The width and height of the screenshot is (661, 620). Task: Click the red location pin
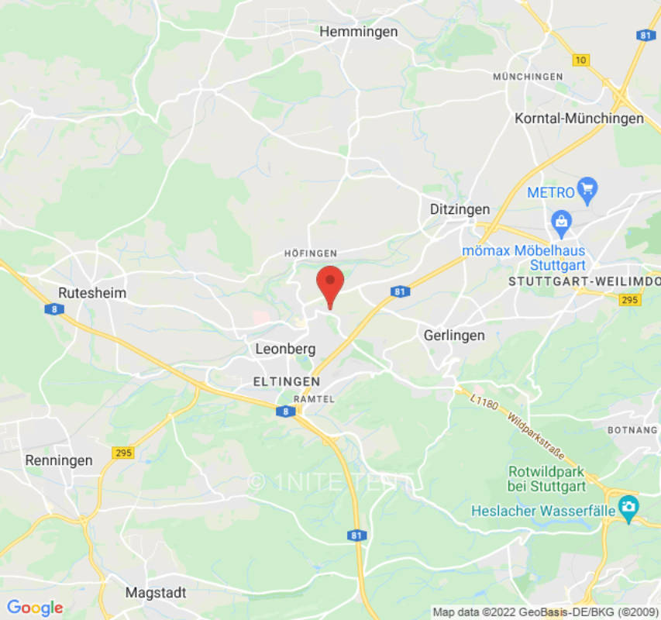(331, 283)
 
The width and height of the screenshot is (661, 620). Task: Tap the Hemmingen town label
(359, 32)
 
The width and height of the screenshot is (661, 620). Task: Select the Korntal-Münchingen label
(580, 119)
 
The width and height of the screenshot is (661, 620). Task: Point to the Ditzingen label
(460, 209)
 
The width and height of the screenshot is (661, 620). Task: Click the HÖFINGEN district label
(311, 253)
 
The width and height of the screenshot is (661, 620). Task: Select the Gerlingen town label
(454, 336)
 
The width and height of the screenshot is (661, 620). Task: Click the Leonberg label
(285, 350)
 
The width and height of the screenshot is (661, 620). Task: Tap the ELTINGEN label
(287, 381)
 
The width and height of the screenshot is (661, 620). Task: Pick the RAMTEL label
(315, 398)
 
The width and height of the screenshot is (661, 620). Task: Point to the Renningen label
(59, 460)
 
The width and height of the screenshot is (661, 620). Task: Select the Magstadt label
(156, 593)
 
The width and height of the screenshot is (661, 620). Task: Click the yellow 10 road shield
(581, 60)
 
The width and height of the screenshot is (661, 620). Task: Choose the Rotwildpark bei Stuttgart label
(546, 479)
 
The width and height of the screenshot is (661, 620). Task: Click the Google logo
(34, 608)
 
